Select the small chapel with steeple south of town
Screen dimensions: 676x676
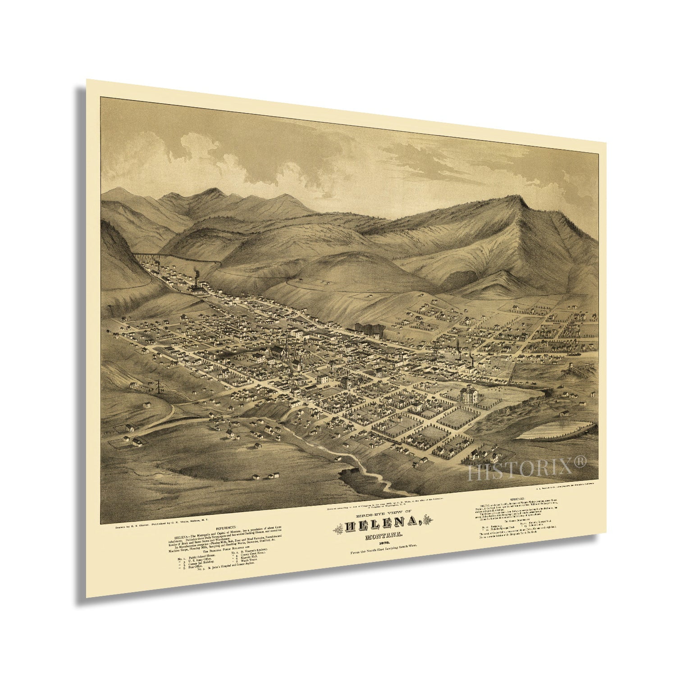[230, 434]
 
